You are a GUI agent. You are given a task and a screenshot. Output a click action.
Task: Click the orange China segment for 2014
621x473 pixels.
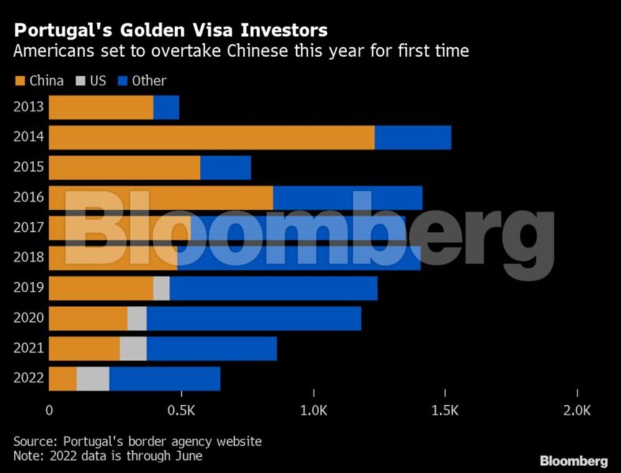(x=211, y=137)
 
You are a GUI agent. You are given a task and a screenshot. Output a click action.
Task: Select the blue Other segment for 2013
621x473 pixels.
(x=166, y=108)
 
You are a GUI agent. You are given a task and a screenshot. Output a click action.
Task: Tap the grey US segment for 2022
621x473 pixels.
(x=93, y=379)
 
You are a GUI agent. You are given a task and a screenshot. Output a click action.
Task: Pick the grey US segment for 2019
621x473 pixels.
(x=161, y=288)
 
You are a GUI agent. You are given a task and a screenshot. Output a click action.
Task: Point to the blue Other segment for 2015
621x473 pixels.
(x=225, y=168)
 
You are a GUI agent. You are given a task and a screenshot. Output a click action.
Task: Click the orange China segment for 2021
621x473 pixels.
(x=84, y=349)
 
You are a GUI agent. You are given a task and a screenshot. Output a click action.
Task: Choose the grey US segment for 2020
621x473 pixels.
(x=137, y=318)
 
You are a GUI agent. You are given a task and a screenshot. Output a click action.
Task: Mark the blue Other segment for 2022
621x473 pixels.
(x=165, y=379)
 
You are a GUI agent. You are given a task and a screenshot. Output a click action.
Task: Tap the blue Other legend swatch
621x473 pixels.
(x=122, y=81)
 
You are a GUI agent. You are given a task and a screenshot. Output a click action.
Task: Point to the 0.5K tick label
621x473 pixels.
(x=181, y=411)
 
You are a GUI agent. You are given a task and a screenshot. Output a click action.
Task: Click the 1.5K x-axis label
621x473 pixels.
(x=445, y=411)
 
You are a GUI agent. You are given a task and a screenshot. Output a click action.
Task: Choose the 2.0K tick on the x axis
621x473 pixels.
(x=578, y=411)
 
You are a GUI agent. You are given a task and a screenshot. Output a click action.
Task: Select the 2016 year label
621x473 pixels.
(x=29, y=198)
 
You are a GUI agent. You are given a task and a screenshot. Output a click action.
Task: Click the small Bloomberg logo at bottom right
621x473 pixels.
(x=573, y=461)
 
